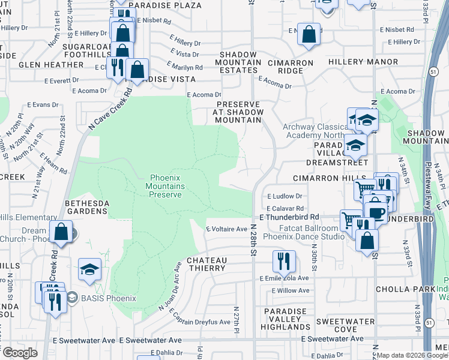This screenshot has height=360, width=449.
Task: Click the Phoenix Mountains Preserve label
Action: coord(167,186)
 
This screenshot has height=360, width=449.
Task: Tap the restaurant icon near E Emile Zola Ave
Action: coord(283,260)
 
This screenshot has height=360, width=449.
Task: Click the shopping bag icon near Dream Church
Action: coord(61,231)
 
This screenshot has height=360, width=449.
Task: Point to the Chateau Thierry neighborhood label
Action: coord(206,264)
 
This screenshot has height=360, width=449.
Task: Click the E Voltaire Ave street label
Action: coord(227,229)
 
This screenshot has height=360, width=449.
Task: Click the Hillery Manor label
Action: coord(360,62)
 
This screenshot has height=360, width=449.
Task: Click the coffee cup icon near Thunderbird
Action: coord(376,213)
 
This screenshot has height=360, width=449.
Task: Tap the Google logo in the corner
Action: coord(20,352)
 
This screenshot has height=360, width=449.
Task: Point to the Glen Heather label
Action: coord(46,65)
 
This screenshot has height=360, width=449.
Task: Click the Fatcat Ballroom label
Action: coord(309,228)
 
